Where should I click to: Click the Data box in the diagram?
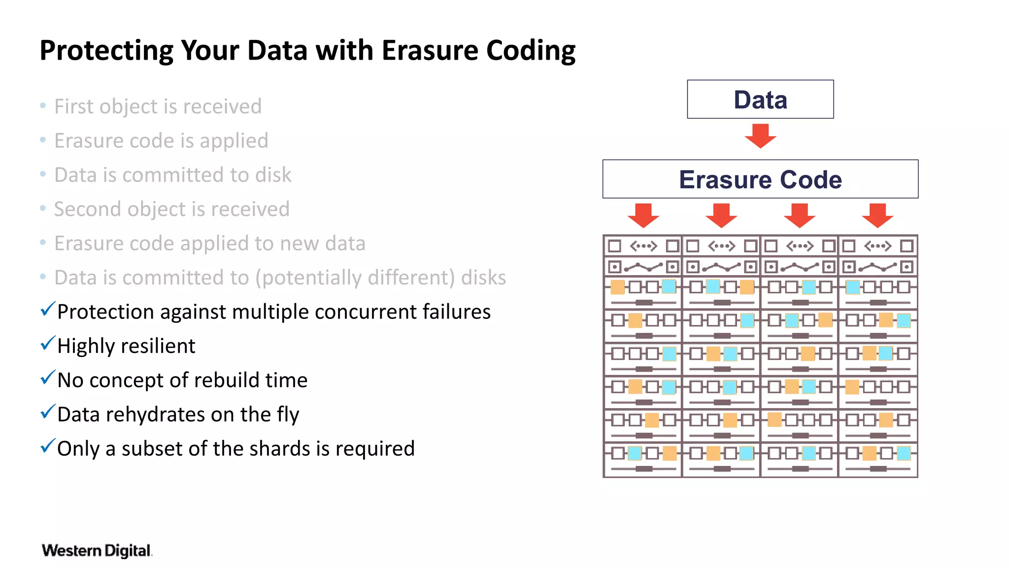point(760,99)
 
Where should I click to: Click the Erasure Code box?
point(760,179)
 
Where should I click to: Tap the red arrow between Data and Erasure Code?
point(760,136)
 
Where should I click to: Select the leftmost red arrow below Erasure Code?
point(643,215)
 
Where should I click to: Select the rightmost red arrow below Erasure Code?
point(877,215)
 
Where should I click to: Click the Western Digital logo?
point(97,550)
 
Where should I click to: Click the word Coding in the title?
point(531,51)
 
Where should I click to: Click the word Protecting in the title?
point(106,51)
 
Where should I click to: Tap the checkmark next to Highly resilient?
point(48,343)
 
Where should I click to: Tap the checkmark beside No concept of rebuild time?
point(48,378)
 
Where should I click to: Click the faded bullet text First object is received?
point(158,106)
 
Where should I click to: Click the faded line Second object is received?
point(171,209)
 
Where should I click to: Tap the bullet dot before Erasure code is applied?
point(43,141)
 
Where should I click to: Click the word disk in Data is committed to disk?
point(273,175)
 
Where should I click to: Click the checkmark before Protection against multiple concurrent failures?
point(48,309)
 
